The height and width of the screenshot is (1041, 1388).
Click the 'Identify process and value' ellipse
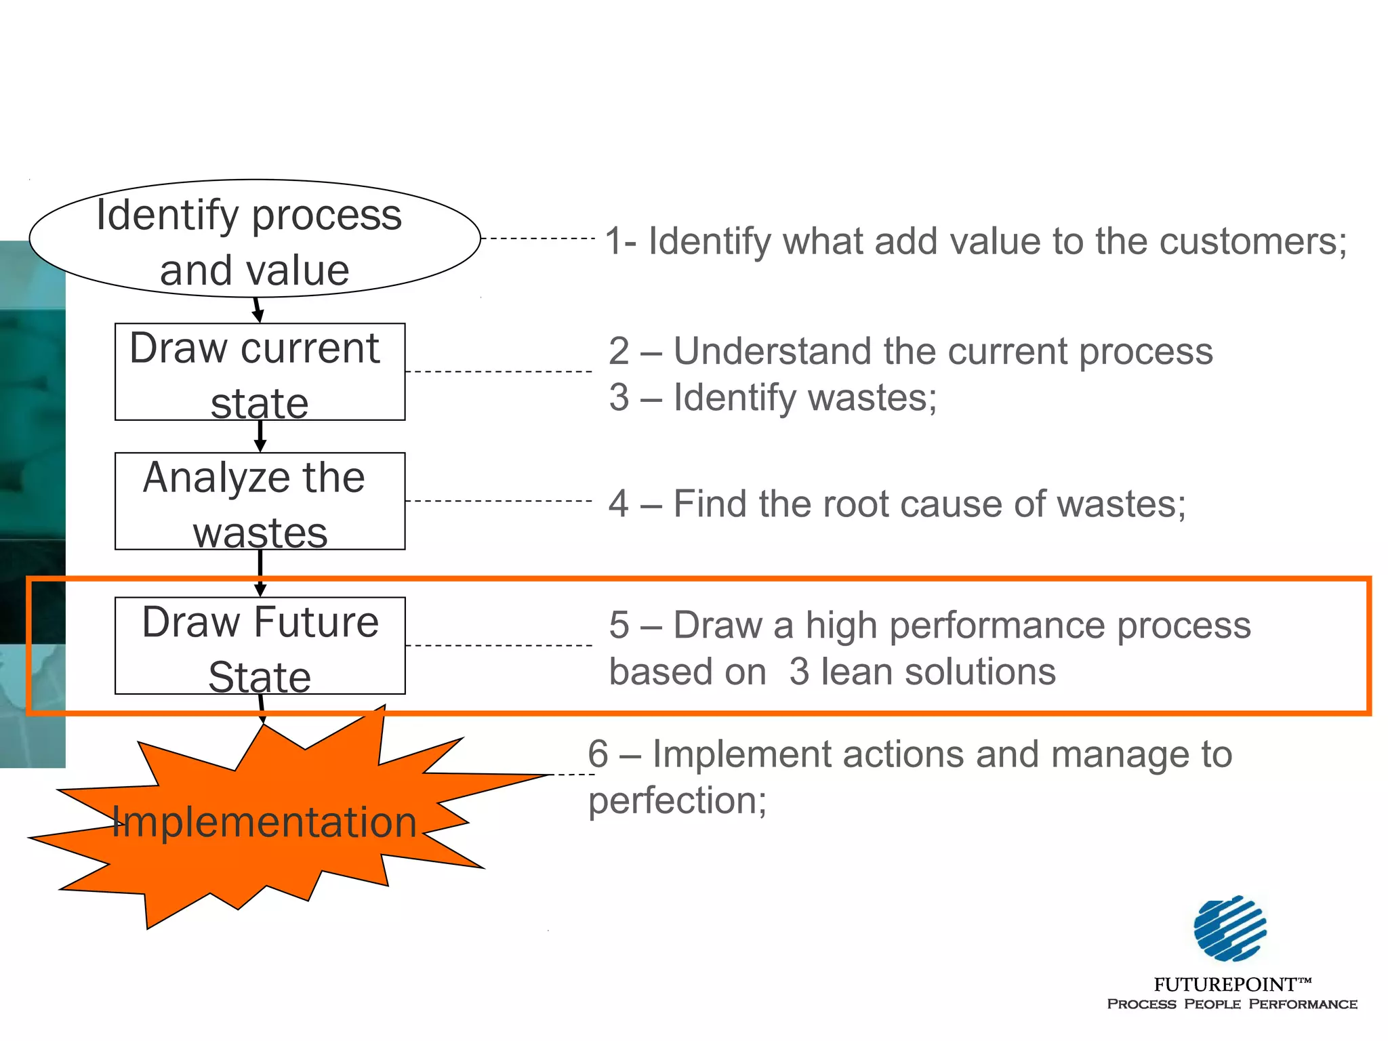tap(255, 239)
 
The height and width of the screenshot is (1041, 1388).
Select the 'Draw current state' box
tap(260, 371)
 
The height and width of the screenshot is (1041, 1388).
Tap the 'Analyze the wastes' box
tap(260, 501)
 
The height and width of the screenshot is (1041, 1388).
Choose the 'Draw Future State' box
tap(260, 645)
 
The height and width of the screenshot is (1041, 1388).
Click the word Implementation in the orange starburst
tap(264, 822)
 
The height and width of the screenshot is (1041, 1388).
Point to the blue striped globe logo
tap(1229, 928)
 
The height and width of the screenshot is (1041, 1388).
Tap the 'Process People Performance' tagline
tap(1231, 1004)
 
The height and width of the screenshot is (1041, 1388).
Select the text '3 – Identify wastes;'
tap(773, 397)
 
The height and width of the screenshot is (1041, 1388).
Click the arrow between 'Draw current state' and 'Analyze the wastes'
tap(260, 436)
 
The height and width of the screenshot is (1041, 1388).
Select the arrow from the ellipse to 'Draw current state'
tap(258, 310)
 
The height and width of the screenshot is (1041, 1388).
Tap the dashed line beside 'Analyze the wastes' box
tap(499, 501)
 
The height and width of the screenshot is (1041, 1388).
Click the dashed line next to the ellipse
tap(537, 239)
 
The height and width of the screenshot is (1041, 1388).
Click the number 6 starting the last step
tap(598, 754)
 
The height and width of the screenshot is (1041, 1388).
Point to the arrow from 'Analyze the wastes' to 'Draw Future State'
tap(260, 573)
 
